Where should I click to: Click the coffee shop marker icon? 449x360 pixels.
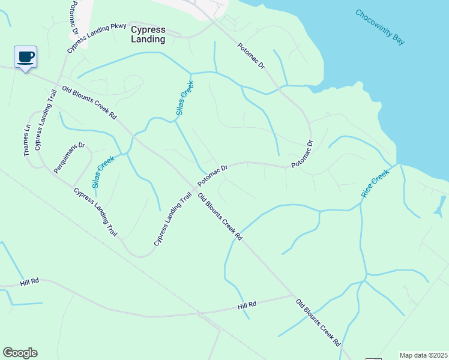[x=25, y=57]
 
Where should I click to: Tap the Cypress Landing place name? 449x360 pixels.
[x=148, y=34]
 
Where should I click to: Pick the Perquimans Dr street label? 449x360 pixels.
[x=70, y=158]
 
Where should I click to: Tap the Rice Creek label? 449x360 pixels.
[x=375, y=184]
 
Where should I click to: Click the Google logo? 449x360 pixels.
[x=20, y=353]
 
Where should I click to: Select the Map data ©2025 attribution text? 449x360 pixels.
[x=423, y=355]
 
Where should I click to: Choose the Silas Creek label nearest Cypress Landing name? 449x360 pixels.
[x=185, y=98]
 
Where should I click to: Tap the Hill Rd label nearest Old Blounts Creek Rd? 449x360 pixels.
[x=247, y=305]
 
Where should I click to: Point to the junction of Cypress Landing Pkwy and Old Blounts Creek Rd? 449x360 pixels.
[x=58, y=83]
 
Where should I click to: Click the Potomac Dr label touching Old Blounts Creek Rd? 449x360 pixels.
[x=213, y=175]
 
